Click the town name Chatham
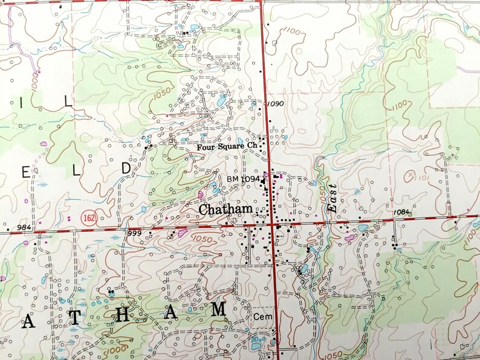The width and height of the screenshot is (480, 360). [x=225, y=209]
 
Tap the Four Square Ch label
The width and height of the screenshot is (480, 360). [x=227, y=147]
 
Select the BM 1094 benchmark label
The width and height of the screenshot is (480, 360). [x=243, y=179]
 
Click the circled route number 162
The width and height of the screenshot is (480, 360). [x=89, y=216]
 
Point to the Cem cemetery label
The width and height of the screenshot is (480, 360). [x=261, y=316]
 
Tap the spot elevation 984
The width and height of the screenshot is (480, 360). [x=24, y=227]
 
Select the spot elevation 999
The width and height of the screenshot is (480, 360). [x=134, y=233]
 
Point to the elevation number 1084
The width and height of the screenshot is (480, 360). [x=401, y=212]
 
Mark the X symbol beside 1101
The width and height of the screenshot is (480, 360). [x=411, y=175]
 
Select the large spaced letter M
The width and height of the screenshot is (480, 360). [x=218, y=309]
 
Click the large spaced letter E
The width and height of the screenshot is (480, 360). [x=25, y=172]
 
